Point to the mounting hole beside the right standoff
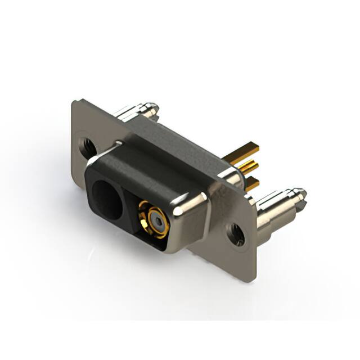click(237, 233)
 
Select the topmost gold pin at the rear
click(247, 149)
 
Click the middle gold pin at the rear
click(247, 165)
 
